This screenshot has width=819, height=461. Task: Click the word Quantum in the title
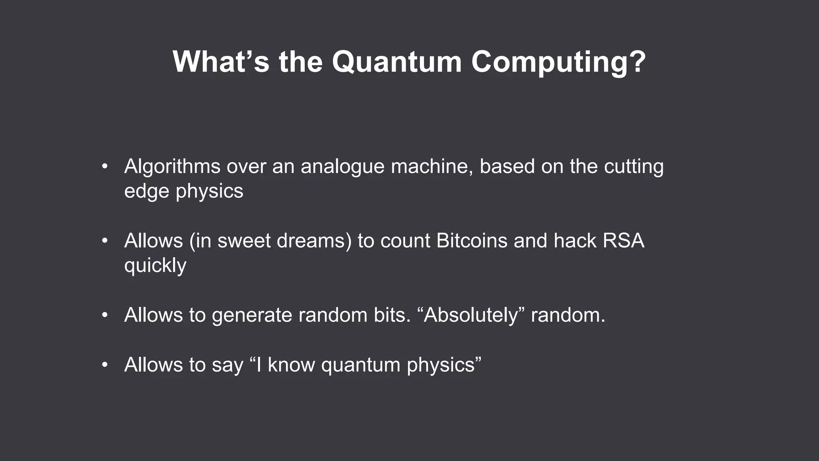pos(396,62)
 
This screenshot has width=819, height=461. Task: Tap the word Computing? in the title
pos(558,62)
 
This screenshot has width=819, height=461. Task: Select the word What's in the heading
pos(221,62)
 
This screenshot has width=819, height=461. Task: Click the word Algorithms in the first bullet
pos(172,166)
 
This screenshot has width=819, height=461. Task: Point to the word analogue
pos(342,166)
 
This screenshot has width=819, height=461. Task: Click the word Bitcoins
pos(471,241)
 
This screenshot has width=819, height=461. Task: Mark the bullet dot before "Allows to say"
pos(105,365)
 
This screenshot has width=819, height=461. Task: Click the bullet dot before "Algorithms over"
pos(105,166)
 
